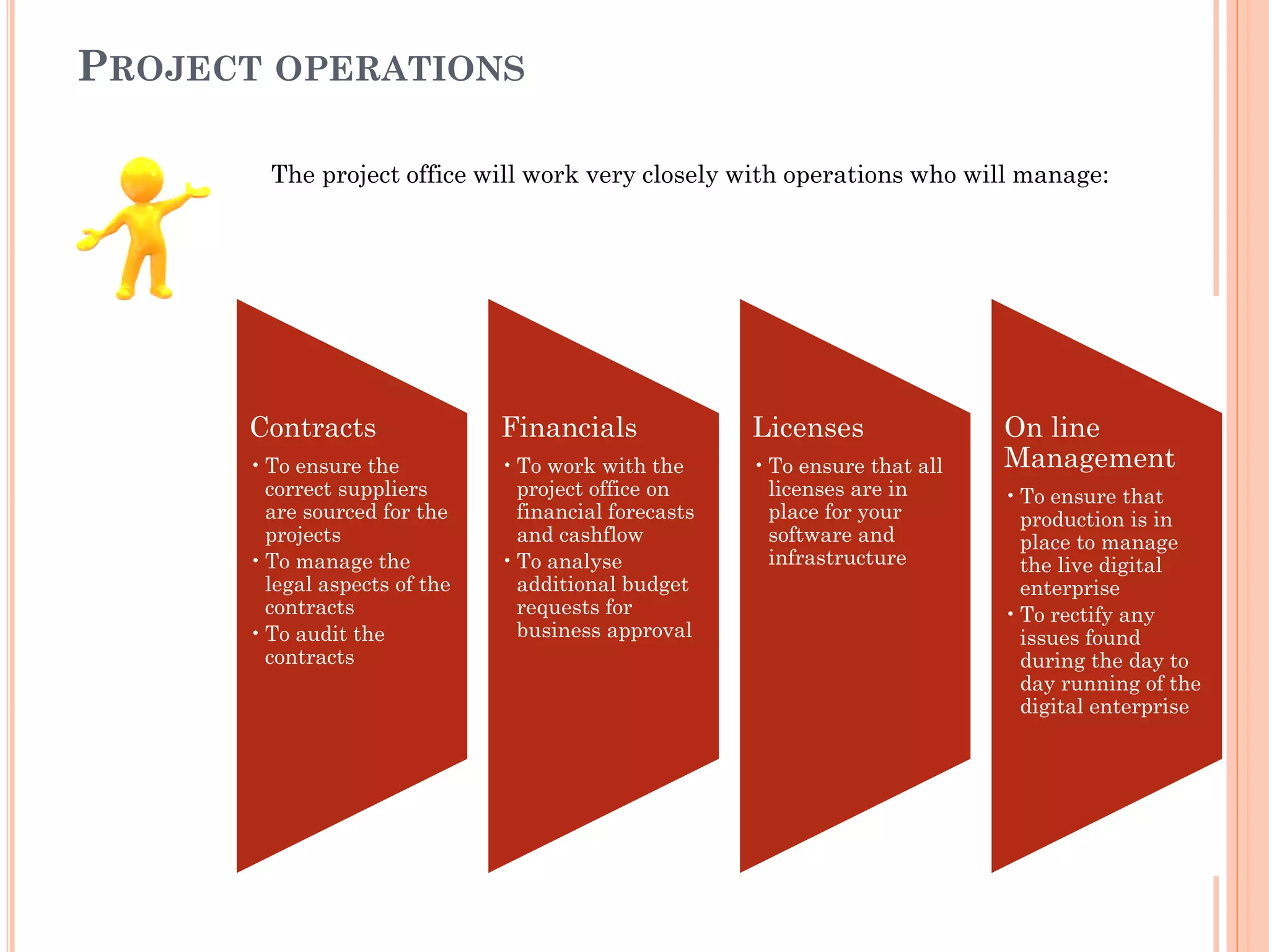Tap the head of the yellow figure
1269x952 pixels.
142,179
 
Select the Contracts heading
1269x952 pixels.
313,428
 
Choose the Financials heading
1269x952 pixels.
569,428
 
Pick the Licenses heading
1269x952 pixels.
808,428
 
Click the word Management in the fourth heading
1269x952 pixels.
1089,459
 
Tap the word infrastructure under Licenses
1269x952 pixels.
837,558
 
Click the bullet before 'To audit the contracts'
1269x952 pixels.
255,633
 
